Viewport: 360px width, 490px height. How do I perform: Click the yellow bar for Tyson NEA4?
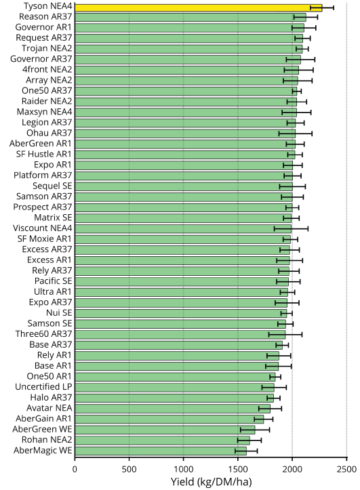click(199, 8)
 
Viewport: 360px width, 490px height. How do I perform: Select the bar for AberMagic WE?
click(161, 451)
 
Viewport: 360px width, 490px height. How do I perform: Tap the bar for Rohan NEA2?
click(162, 441)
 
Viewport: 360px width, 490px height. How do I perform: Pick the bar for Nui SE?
click(180, 313)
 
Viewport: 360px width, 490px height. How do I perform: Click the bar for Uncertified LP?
click(174, 388)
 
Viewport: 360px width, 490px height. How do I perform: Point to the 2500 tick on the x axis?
click(347, 459)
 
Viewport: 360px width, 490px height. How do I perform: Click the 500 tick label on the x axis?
click(129, 469)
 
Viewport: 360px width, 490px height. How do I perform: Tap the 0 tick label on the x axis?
click(75, 469)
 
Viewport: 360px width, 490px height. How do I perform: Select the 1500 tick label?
click(238, 469)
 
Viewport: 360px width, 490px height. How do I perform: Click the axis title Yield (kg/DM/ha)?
click(211, 482)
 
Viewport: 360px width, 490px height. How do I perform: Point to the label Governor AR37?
click(41, 59)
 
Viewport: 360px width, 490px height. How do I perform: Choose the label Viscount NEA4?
click(43, 228)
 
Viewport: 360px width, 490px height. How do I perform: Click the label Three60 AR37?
click(44, 334)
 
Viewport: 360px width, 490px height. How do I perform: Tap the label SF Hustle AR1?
click(44, 154)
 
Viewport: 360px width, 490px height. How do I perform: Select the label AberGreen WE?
click(42, 430)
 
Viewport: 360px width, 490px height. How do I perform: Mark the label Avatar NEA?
click(49, 408)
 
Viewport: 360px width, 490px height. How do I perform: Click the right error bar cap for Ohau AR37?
click(312, 134)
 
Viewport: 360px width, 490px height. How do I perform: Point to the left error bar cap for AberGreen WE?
click(240, 430)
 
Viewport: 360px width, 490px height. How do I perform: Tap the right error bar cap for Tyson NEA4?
click(334, 8)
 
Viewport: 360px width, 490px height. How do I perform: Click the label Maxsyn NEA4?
click(44, 112)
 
